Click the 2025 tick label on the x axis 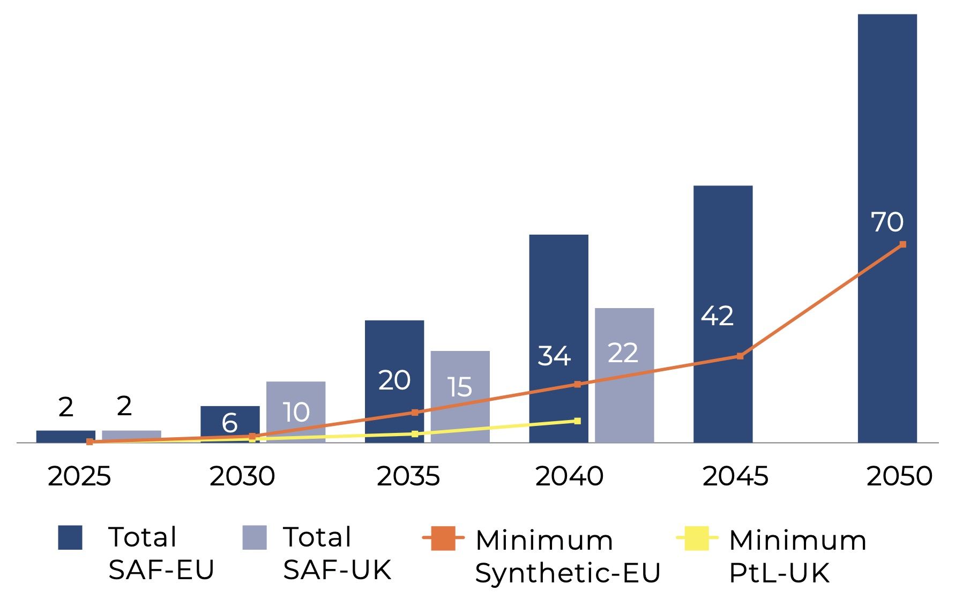pyautogui.click(x=79, y=476)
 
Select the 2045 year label pyautogui.click(x=735, y=476)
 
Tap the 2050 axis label pyautogui.click(x=899, y=476)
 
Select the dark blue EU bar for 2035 pyautogui.click(x=394, y=348)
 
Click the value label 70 pyautogui.click(x=887, y=222)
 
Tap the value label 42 pyautogui.click(x=717, y=316)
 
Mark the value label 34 pyautogui.click(x=554, y=356)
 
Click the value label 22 pyautogui.click(x=623, y=353)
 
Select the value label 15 pyautogui.click(x=460, y=387)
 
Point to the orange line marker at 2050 pyautogui.click(x=903, y=244)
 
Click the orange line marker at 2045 pyautogui.click(x=740, y=356)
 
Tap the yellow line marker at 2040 pyautogui.click(x=577, y=421)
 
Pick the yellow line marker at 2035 pyautogui.click(x=415, y=434)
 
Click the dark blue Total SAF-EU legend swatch pyautogui.click(x=70, y=538)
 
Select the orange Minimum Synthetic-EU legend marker pyautogui.click(x=443, y=538)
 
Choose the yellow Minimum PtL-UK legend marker pyautogui.click(x=697, y=538)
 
